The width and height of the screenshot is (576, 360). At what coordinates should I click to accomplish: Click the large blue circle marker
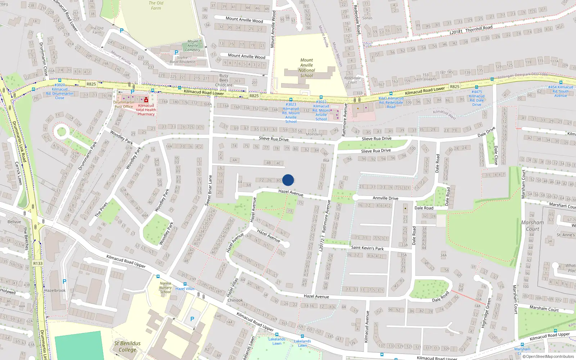pos(288,180)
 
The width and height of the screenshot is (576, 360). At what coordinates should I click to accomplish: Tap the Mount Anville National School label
pos(307,68)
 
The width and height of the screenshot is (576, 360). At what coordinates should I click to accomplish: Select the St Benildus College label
pos(127,346)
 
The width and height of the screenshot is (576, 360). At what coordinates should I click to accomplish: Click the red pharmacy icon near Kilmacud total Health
pos(146,100)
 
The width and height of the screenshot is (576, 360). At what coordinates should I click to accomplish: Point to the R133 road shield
pos(38,264)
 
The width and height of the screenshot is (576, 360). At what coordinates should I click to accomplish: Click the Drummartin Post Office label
pos(123,104)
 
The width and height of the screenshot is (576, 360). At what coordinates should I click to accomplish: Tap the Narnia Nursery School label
pos(165,287)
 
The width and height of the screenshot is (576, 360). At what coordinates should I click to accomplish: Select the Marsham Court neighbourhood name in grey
pos(532,226)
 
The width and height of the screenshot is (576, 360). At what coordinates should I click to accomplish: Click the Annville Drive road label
pos(385,198)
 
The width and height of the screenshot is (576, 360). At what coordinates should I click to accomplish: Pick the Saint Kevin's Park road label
pos(367,248)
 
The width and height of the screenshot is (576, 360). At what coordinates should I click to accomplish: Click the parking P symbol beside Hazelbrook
pos(64,282)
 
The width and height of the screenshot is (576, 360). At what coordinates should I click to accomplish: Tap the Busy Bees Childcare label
pos(224,80)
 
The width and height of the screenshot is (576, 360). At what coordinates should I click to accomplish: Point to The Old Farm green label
pos(156,5)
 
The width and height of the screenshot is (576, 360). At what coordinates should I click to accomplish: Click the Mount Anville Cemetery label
pos(193,46)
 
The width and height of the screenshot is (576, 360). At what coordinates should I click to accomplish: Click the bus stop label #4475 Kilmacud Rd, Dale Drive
pos(477,98)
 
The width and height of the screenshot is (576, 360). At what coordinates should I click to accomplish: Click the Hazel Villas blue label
pos(185,289)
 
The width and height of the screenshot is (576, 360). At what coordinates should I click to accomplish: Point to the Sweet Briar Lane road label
pos(208,190)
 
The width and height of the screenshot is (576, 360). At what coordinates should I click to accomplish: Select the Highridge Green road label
pos(486,313)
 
